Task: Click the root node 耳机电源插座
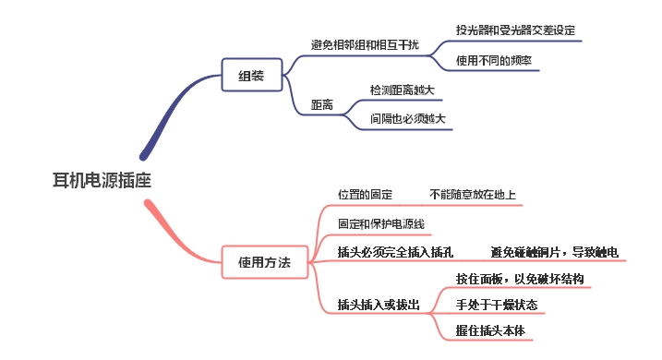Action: (102, 180)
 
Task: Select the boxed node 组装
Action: (251, 76)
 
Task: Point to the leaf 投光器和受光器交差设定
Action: (515, 30)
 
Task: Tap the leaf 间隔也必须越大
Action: (407, 119)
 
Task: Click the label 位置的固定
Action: (365, 195)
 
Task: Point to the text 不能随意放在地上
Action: (473, 195)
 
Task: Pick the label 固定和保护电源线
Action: (380, 223)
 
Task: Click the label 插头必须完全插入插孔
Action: (395, 252)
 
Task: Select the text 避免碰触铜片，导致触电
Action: (554, 252)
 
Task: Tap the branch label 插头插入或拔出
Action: (379, 304)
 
